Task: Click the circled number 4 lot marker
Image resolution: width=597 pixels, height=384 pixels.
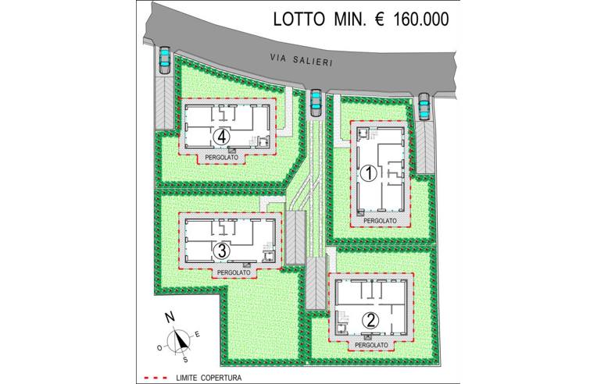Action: tap(223, 136)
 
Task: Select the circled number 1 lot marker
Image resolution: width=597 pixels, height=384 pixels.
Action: tap(366, 173)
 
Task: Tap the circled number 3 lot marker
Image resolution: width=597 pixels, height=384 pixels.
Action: tap(222, 251)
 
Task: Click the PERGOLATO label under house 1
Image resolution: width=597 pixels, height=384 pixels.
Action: tap(381, 221)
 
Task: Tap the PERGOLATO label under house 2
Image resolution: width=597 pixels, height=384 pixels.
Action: tap(371, 343)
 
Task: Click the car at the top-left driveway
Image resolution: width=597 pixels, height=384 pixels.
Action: tap(166, 59)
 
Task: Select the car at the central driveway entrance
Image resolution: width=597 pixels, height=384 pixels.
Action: tap(316, 102)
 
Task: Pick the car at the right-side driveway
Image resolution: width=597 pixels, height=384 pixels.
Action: tap(424, 108)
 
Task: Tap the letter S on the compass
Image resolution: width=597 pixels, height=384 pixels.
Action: tap(185, 361)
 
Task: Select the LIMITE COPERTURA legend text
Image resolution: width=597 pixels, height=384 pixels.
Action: tap(209, 378)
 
